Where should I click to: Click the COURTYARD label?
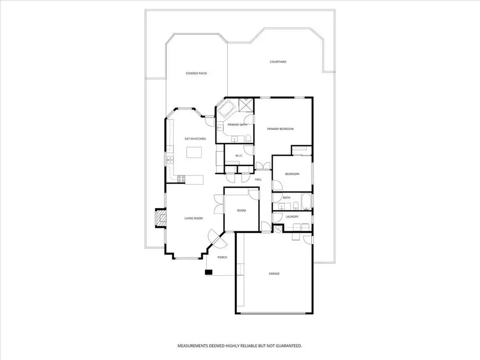coord(278,62)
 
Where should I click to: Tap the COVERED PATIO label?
coord(196,73)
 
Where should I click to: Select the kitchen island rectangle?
coord(195,153)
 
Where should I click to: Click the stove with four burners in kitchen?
coord(181,178)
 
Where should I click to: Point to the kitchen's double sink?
coord(170,158)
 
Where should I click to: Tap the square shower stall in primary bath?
coord(246,105)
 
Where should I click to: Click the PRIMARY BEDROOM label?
coord(280,129)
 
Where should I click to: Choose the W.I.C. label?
coord(239,156)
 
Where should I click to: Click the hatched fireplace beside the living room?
coord(159,218)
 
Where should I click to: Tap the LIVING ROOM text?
coord(193,218)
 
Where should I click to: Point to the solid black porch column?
coord(209,273)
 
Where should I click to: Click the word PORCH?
coord(222,257)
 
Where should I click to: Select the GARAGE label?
coord(274,274)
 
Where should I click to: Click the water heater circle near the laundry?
coord(277,228)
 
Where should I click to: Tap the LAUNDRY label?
coord(292,217)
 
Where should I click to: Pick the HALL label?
coord(258,179)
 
